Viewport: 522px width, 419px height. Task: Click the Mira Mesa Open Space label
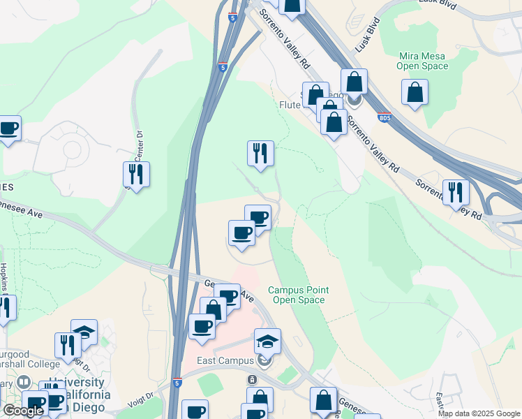pyautogui.click(x=422, y=61)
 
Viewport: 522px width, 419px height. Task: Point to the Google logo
pyautogui.click(x=23, y=411)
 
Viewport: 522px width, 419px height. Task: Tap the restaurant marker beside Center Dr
pyautogui.click(x=136, y=174)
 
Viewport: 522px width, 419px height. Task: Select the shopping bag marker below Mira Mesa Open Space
pyautogui.click(x=415, y=92)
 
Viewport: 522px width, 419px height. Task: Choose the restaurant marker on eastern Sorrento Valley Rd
pyautogui.click(x=456, y=192)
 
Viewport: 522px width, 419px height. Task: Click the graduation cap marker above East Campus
pyautogui.click(x=267, y=341)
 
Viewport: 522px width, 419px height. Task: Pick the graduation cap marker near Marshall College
pyautogui.click(x=84, y=332)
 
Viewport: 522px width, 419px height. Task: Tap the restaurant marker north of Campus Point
pyautogui.click(x=260, y=154)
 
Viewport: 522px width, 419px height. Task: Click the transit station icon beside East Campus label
pyautogui.click(x=264, y=361)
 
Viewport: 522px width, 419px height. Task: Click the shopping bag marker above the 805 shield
pyautogui.click(x=355, y=82)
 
